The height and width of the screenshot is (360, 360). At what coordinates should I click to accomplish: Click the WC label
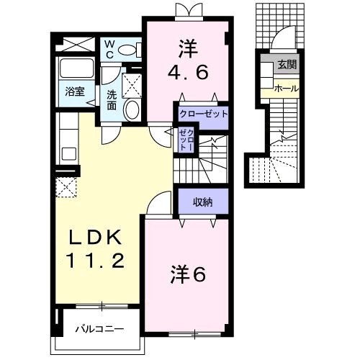coord(109,50)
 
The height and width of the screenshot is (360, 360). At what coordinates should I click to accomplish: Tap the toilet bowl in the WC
coord(127,50)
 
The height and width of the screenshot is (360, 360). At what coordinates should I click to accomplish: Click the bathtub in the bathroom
coord(76,68)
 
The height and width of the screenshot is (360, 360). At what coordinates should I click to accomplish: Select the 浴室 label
coord(75,91)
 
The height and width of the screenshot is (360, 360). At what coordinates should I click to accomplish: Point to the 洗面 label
coord(112,100)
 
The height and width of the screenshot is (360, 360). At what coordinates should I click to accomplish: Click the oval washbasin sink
coord(132,109)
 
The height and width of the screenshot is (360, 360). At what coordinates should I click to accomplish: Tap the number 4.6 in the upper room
coord(187,72)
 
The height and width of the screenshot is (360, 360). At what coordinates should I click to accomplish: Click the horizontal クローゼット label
coord(203,114)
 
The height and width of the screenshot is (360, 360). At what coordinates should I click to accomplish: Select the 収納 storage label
coord(203,202)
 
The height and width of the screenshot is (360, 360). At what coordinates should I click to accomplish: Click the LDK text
coord(95,237)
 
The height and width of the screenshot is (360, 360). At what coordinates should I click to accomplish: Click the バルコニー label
coord(99,329)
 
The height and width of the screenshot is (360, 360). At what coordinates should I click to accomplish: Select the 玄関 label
coord(287,65)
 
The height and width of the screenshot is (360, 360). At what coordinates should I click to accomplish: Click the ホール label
coord(287,89)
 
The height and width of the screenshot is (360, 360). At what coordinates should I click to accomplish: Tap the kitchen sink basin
coord(69,154)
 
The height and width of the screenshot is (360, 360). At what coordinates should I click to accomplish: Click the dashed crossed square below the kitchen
coord(66,187)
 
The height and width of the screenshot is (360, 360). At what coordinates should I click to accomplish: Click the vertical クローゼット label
coord(186,140)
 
